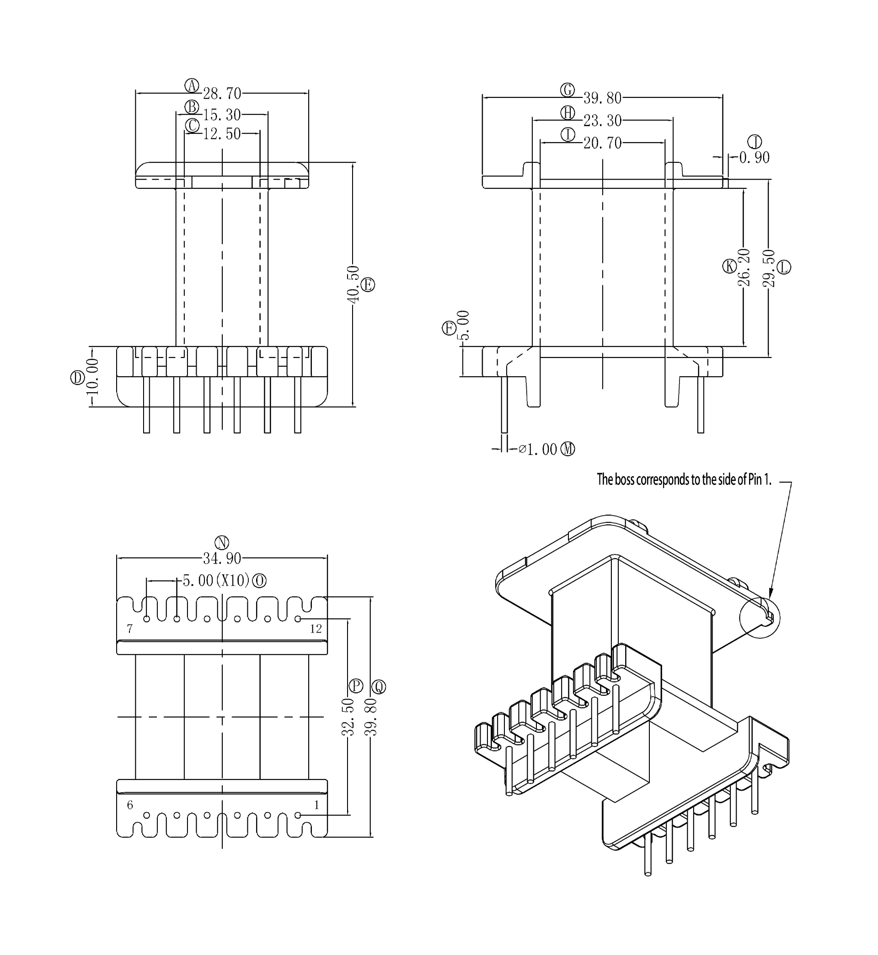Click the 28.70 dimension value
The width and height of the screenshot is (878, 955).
click(222, 94)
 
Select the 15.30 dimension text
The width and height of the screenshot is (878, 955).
click(222, 114)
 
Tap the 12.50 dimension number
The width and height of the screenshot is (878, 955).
click(222, 134)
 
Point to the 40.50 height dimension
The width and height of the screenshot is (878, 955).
click(353, 284)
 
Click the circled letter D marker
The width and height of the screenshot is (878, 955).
click(77, 378)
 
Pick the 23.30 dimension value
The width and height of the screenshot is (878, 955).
click(602, 121)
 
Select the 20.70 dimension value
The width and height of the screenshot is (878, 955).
click(602, 143)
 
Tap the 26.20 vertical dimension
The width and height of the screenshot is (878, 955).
click(744, 267)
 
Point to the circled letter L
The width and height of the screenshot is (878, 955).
click(784, 267)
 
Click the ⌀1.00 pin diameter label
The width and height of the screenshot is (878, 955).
click(538, 449)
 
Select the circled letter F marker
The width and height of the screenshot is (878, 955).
click(449, 328)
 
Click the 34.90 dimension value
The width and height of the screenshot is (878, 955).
click(222, 559)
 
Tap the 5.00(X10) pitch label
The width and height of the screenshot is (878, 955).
click(216, 580)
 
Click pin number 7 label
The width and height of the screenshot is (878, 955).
click(130, 629)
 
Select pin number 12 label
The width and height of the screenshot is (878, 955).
click(316, 629)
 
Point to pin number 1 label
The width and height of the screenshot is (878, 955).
click(316, 805)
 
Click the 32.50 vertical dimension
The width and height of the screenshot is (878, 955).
click(348, 717)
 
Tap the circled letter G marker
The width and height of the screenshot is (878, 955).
click(567, 90)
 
